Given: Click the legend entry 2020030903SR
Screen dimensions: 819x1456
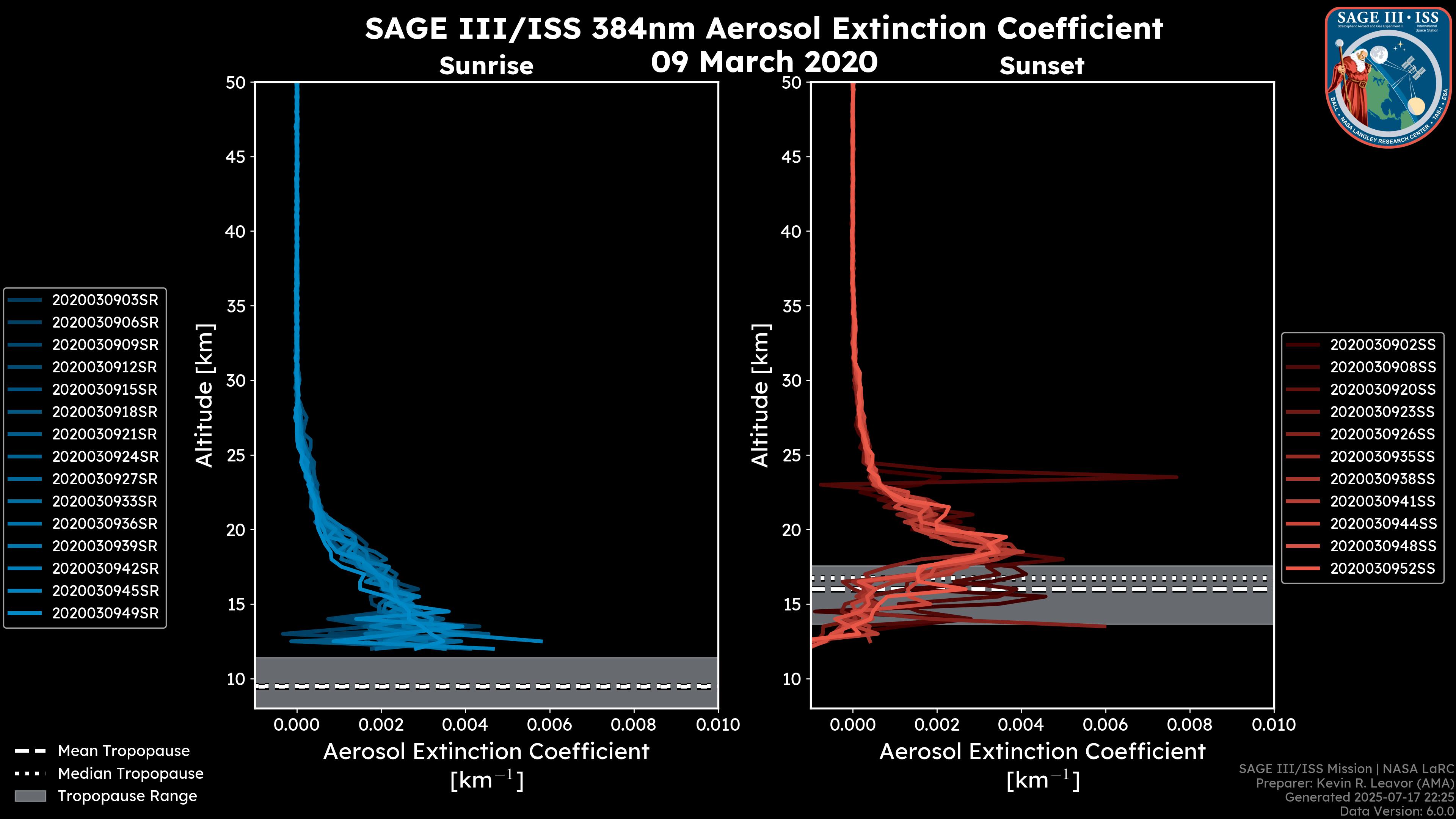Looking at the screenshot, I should click(105, 300).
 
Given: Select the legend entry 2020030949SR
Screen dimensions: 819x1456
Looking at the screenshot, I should click(105, 613).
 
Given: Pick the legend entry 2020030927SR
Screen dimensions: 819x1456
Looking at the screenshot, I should click(105, 479).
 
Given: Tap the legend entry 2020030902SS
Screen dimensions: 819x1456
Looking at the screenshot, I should click(1382, 345).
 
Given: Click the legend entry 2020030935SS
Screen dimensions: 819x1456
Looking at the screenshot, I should click(1382, 457).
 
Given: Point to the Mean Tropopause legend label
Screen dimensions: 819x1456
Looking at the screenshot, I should click(124, 751).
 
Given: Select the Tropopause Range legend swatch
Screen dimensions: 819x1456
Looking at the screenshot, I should click(30, 796).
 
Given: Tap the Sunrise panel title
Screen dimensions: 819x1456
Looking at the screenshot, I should click(486, 66).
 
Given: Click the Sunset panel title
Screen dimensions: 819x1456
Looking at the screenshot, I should click(1042, 66).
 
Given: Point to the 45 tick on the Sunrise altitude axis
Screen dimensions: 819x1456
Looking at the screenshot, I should click(236, 157).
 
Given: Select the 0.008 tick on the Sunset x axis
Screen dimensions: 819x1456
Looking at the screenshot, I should click(1190, 725).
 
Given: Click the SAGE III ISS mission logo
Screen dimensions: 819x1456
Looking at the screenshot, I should click(1389, 77).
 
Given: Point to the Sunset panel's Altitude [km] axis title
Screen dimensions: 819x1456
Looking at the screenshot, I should click(760, 395).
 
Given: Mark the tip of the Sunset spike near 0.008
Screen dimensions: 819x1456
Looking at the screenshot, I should click(1177, 477).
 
